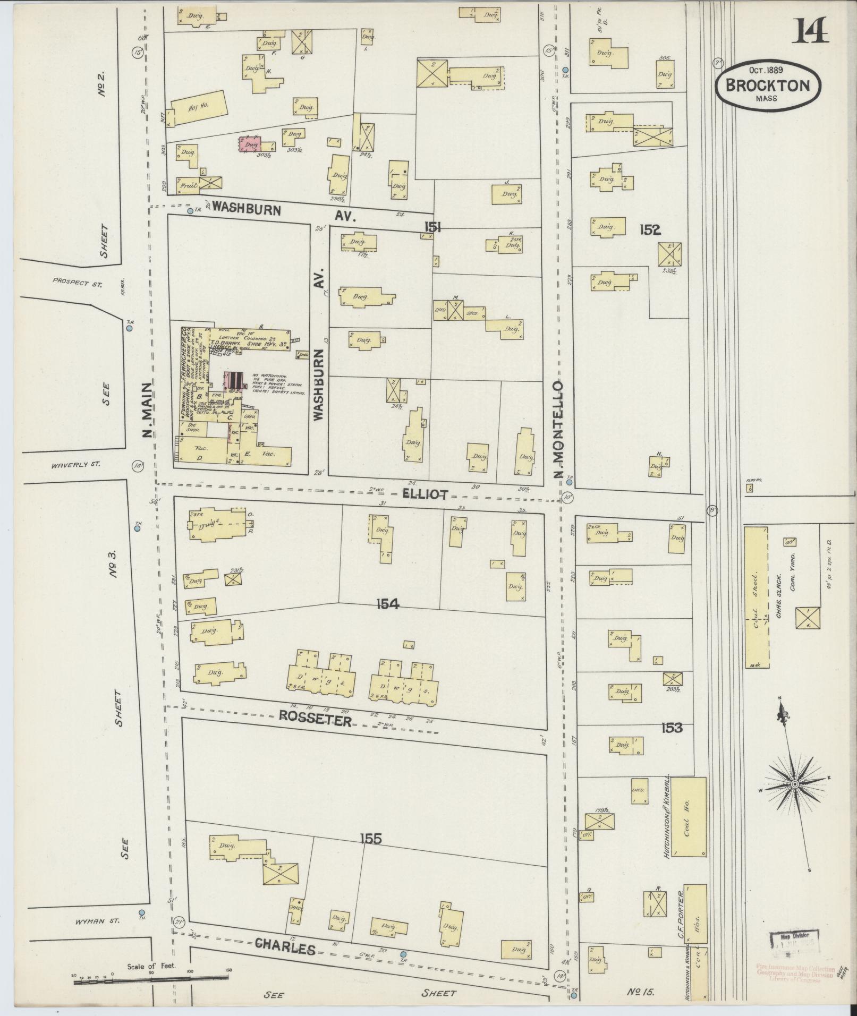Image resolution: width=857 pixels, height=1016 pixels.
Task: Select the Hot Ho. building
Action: coord(199,108)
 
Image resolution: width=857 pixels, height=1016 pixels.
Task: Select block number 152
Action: coord(650,229)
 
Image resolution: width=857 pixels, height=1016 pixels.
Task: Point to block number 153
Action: coord(672,728)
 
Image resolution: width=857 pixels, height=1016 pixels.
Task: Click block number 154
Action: coord(387,604)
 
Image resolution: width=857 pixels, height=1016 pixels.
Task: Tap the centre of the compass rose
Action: coord(795,784)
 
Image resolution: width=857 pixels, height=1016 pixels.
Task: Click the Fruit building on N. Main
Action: coord(189,185)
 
